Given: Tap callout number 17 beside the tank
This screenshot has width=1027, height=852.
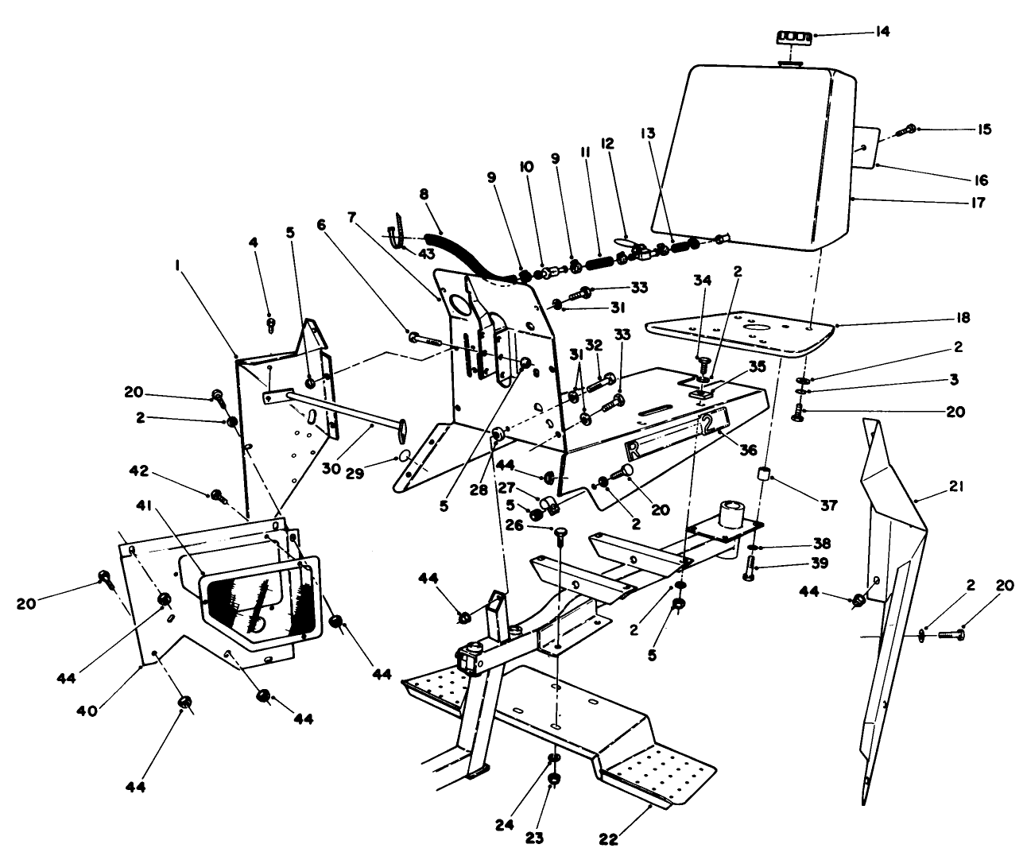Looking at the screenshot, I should [x=977, y=203].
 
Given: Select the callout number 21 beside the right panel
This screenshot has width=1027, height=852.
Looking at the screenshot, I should [x=955, y=486].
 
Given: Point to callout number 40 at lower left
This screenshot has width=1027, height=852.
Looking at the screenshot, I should [x=87, y=710].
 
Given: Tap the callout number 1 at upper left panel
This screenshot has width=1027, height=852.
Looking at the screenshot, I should [x=180, y=270].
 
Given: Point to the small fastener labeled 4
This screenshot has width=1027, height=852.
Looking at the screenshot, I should [x=271, y=323].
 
